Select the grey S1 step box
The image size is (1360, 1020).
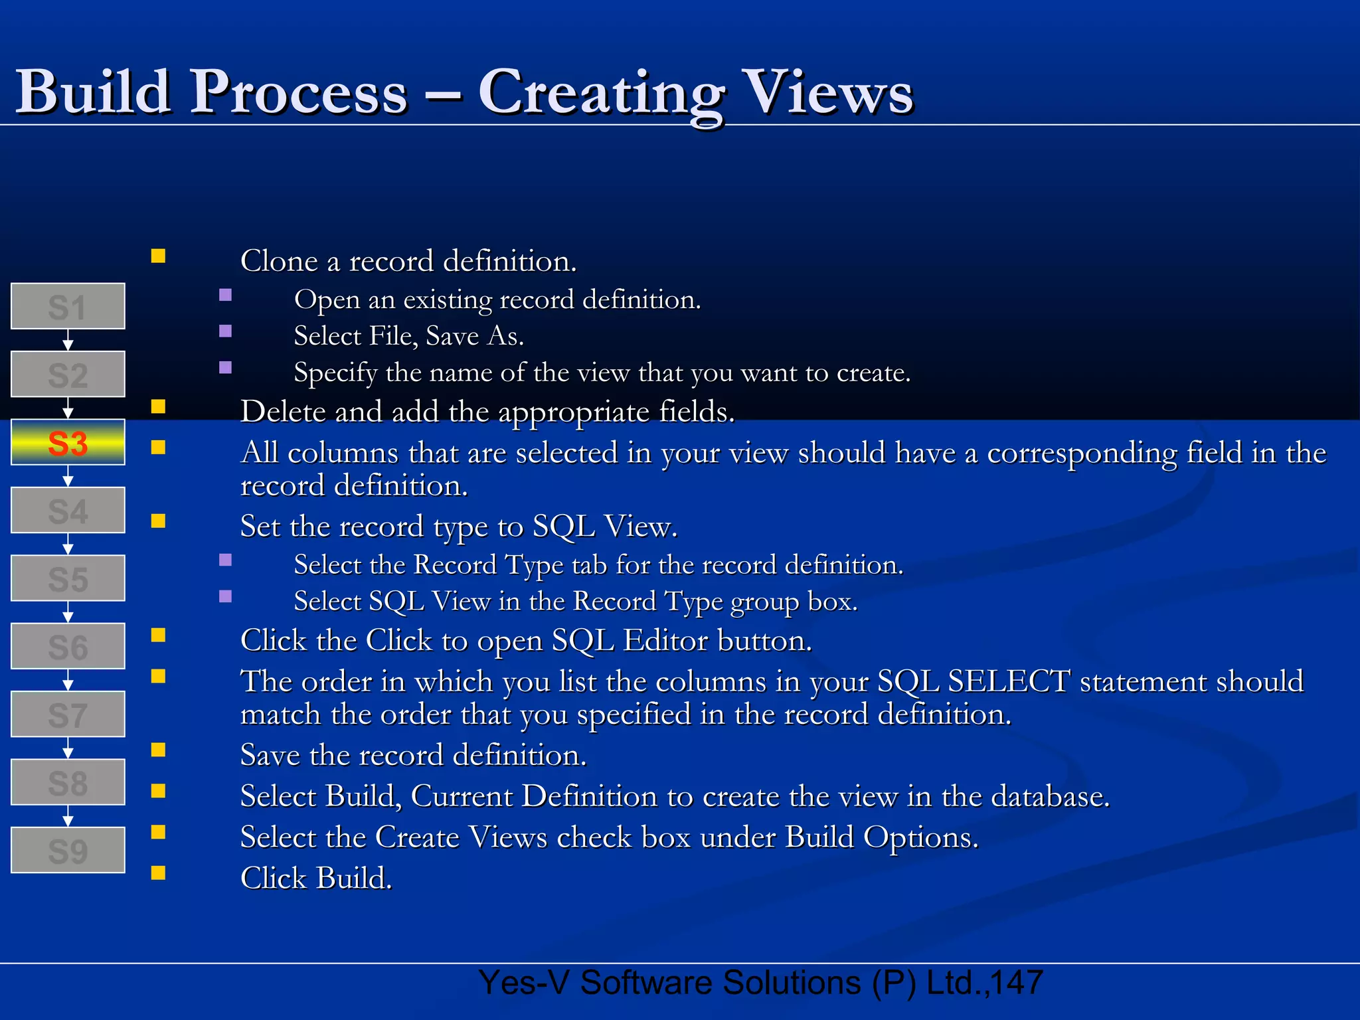pyautogui.click(x=68, y=307)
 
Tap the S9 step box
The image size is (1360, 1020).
pyautogui.click(x=68, y=851)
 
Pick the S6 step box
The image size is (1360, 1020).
pyautogui.click(x=68, y=647)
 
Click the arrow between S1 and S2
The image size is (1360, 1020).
pyautogui.click(x=68, y=341)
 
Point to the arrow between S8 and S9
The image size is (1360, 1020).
pyautogui.click(x=68, y=816)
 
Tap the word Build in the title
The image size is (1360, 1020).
pyautogui.click(x=93, y=93)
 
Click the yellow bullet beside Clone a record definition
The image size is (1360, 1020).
pyautogui.click(x=158, y=256)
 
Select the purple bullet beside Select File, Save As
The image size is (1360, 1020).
pyautogui.click(x=226, y=331)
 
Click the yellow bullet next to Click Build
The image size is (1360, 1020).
pyautogui.click(x=158, y=873)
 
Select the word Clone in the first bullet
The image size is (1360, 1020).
pyautogui.click(x=279, y=261)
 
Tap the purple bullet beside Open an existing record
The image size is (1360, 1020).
pyautogui.click(x=226, y=295)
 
